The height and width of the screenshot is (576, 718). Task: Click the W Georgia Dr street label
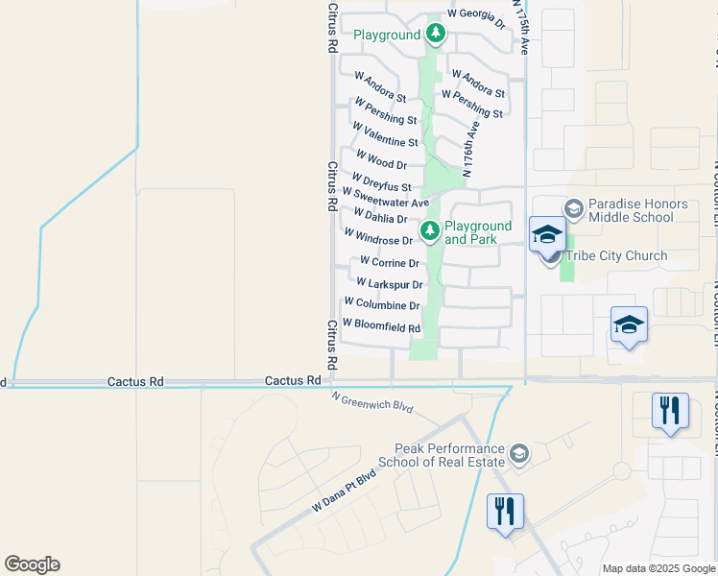tap(476, 17)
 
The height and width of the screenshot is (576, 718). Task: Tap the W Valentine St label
tap(385, 134)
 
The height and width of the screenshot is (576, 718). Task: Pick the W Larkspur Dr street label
tap(389, 284)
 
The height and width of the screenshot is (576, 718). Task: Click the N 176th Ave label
tap(470, 150)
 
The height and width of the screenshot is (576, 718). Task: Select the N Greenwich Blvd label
tap(372, 402)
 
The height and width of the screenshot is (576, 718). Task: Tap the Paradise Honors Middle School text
tap(637, 211)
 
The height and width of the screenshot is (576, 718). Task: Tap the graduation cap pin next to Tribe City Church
tap(547, 234)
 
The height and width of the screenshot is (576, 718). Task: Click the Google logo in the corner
tap(32, 564)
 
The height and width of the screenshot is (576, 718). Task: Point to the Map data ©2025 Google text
tap(658, 568)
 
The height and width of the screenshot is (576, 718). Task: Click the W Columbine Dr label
tap(381, 305)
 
